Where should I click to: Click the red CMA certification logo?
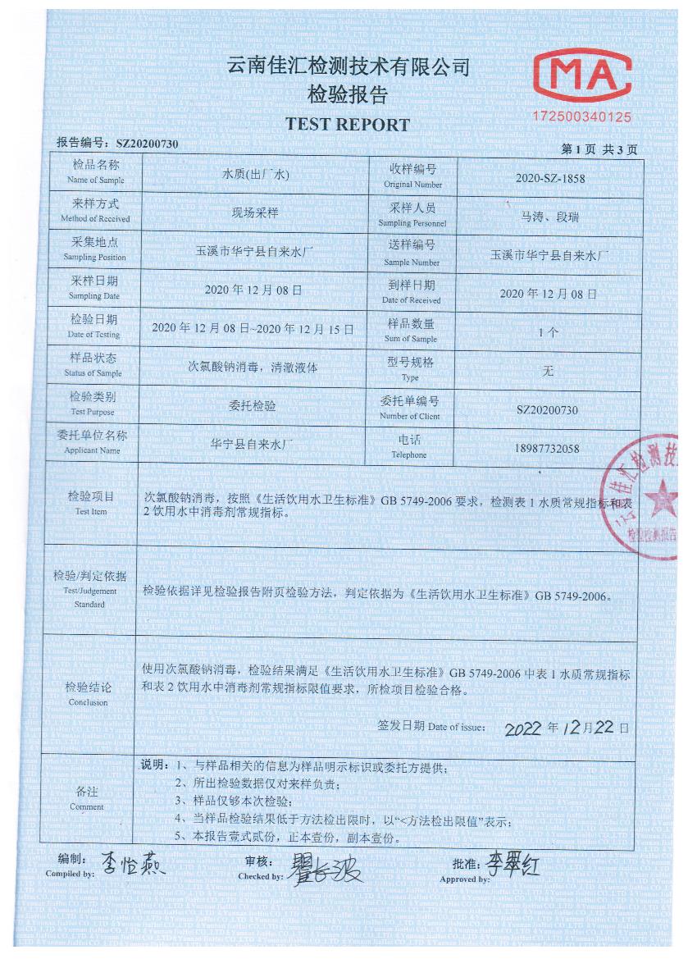[582, 76]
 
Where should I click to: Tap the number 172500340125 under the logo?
[583, 117]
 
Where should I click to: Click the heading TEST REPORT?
[347, 126]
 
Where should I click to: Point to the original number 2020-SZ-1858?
[550, 177]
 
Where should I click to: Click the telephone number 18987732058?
[548, 448]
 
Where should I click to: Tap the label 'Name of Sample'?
[95, 180]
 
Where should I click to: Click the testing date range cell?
[253, 329]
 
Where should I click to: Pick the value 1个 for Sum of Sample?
[549, 332]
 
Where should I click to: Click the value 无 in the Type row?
[549, 371]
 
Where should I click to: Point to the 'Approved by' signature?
[513, 863]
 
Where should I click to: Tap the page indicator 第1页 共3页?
[599, 149]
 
